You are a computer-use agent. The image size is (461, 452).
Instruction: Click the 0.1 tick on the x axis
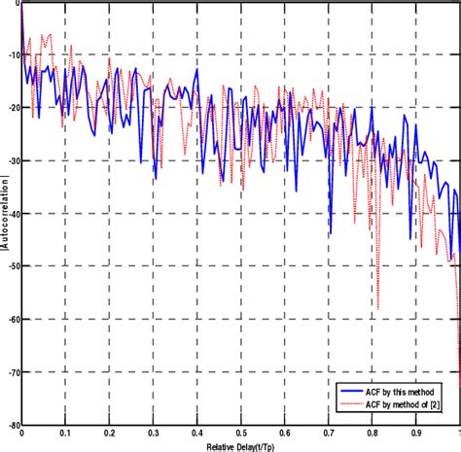click(x=64, y=434)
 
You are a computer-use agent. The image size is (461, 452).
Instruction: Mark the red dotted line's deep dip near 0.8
click(x=377, y=308)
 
